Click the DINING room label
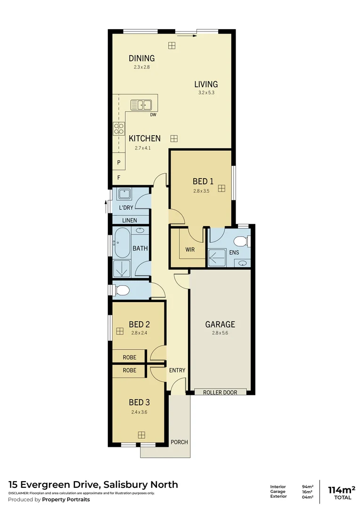pyautogui.click(x=141, y=58)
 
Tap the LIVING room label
pyautogui.click(x=206, y=84)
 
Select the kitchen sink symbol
pyautogui.click(x=140, y=105)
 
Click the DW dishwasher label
pyautogui.click(x=153, y=115)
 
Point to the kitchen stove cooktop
pyautogui.click(x=119, y=129)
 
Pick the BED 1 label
pyautogui.click(x=203, y=181)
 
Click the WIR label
pyautogui.click(x=190, y=250)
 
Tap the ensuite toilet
pyautogui.click(x=241, y=242)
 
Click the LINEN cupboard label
pyautogui.click(x=130, y=220)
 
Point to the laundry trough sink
pyautogui.click(x=124, y=193)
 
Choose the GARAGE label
pyautogui.click(x=220, y=324)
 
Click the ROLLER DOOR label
pyautogui.click(x=220, y=392)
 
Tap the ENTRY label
pyautogui.click(x=177, y=370)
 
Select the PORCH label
pyautogui.click(x=179, y=442)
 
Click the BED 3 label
pyautogui.click(x=139, y=402)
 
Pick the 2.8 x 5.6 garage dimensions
pyautogui.click(x=220, y=333)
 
